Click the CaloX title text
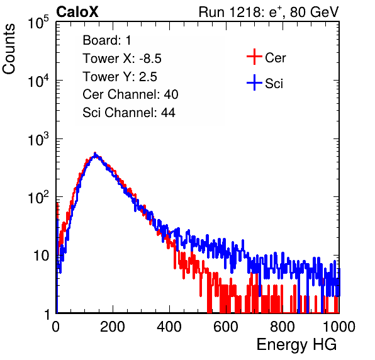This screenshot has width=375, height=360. pos(77,12)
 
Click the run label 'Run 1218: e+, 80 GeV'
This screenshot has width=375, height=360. pos(269,12)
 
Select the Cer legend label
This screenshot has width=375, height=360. pos(275,58)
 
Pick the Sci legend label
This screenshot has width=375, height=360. pos(274,84)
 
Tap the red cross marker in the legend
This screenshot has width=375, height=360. pos(254,57)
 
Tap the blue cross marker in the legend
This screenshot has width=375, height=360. pos(254,82)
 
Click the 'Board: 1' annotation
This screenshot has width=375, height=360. pos(107,40)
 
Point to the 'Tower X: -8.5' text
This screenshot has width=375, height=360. pos(122,59)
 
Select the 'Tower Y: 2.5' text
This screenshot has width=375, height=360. pos(120,77)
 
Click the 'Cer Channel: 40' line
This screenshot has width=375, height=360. pos(130,94)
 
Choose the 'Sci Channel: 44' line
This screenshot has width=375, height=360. pos(129,113)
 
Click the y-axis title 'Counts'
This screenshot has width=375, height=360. pos(9,49)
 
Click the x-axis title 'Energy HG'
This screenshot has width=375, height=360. pos(296,345)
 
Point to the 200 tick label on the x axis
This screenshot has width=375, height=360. pos(113,326)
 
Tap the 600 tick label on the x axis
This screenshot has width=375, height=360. pos(226,326)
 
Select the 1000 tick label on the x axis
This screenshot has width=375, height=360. pos(339,326)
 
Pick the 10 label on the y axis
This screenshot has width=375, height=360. pos(41,256)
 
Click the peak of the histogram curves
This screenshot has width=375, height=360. pos(95,154)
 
